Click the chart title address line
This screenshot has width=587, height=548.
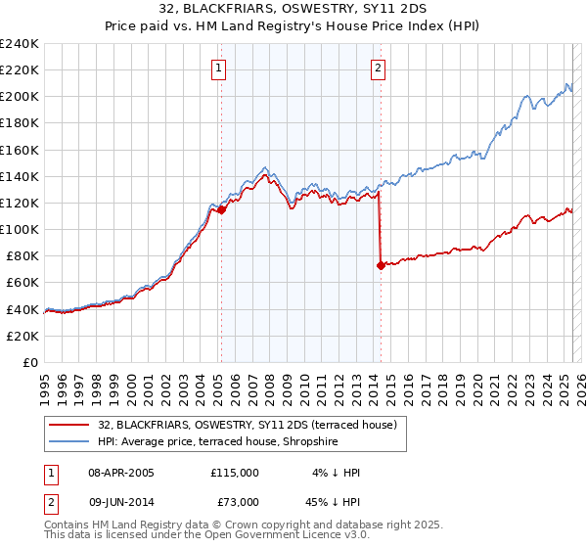point(293,9)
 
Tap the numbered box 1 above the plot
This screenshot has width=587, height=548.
point(217,68)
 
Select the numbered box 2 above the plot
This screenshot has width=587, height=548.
point(378,68)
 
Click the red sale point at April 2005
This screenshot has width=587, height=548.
point(221,209)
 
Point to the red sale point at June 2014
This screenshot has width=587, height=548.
point(380,265)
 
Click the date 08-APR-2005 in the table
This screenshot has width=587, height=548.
point(122,473)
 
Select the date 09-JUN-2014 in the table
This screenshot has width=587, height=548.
point(122,502)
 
